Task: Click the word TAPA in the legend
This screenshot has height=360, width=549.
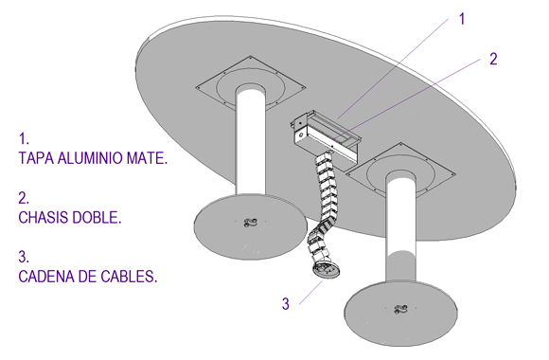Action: (x=36, y=158)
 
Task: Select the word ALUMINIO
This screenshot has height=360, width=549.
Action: (x=90, y=158)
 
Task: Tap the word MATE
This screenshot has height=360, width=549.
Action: (x=147, y=158)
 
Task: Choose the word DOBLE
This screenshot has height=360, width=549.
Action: (x=97, y=217)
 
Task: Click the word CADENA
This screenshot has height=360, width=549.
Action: (x=46, y=277)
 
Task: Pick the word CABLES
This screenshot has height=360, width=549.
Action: (x=129, y=277)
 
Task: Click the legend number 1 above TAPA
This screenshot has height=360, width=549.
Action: (x=24, y=139)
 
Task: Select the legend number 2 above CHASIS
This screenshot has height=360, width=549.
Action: (x=24, y=198)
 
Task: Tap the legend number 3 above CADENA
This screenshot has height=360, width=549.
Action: (x=24, y=257)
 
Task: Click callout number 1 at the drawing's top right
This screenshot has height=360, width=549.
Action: (x=462, y=19)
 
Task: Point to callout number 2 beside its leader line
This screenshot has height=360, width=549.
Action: (x=493, y=59)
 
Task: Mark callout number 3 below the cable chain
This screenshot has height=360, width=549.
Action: (x=286, y=303)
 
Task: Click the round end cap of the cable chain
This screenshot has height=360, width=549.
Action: (x=327, y=270)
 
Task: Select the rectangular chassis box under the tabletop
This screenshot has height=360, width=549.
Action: (x=325, y=137)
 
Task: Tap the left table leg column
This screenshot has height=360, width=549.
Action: (x=250, y=140)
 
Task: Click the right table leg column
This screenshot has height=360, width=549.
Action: (x=400, y=229)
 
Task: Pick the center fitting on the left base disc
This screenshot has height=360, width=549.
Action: (x=250, y=223)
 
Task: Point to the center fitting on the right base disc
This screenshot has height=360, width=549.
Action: (x=400, y=309)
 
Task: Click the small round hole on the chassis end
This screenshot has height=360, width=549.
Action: (x=300, y=135)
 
